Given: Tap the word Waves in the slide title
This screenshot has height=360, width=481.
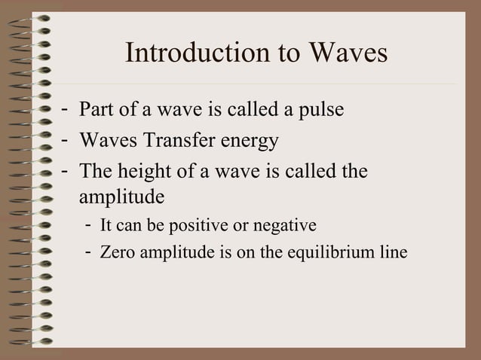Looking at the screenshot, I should click(346, 54).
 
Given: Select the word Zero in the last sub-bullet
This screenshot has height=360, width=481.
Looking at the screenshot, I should click(116, 252).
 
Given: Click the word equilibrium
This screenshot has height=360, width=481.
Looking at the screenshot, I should click(340, 252).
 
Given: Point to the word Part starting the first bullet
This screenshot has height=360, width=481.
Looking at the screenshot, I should click(96, 111).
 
